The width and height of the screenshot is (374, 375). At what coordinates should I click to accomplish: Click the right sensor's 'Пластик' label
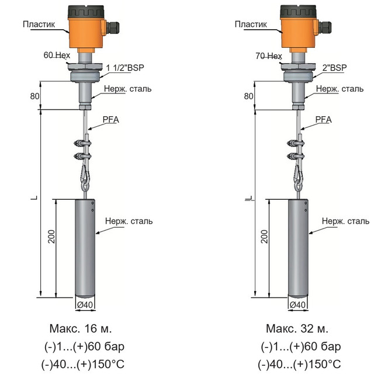point(251,25)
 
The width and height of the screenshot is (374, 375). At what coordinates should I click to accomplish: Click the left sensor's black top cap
point(86,11)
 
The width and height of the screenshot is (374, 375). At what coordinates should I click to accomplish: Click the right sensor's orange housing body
point(298,33)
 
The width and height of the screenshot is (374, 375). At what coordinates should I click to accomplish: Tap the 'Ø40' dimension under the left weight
point(85,305)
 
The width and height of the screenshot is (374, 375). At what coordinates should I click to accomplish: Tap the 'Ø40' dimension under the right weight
point(298,305)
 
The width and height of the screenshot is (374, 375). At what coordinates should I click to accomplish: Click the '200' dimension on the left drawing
point(52,237)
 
